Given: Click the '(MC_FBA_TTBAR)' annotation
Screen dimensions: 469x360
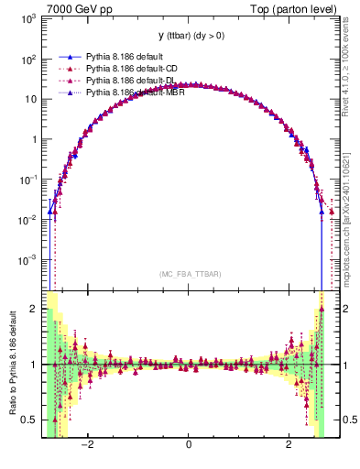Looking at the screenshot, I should (188, 274).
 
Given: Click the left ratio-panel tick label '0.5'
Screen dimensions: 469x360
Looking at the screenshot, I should (30, 420).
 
